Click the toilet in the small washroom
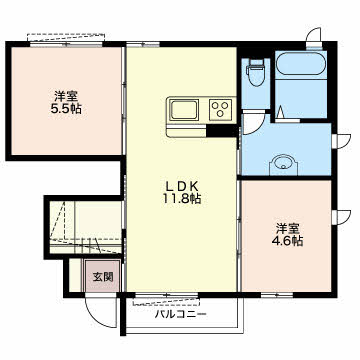pyautogui.click(x=256, y=73)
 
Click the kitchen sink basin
pyautogui.click(x=186, y=108)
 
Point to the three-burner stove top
pyautogui.click(x=220, y=108)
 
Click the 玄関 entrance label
pyautogui.click(x=104, y=277)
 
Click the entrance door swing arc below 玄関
pyautogui.click(x=101, y=309)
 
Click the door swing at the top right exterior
pyautogui.click(x=314, y=39)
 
